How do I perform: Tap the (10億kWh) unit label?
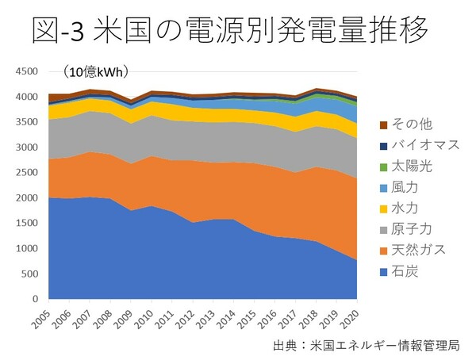pyautogui.click(x=97, y=72)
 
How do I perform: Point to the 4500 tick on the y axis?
pyautogui.click(x=26, y=72)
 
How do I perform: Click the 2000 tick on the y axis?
pyautogui.click(x=26, y=198)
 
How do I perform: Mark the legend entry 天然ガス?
pyautogui.click(x=410, y=251)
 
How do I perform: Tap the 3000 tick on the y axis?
pyautogui.click(x=26, y=147)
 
